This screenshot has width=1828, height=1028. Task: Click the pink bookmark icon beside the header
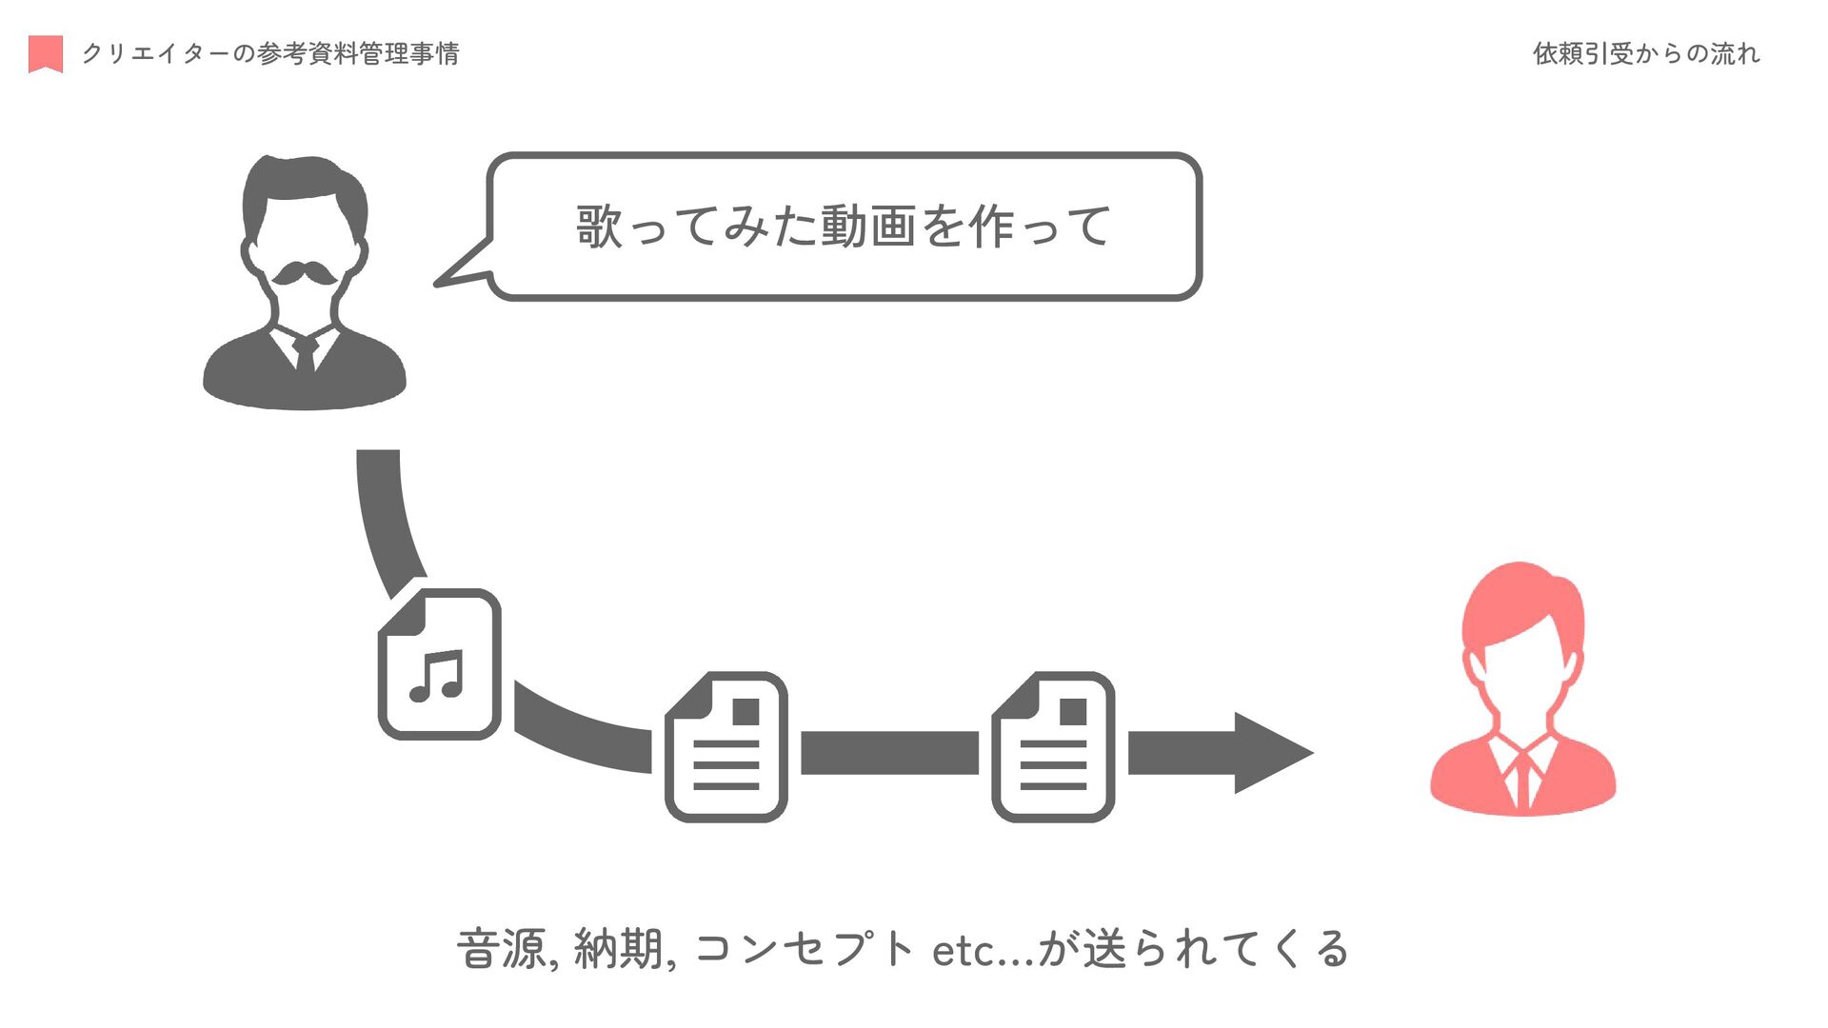tap(46, 53)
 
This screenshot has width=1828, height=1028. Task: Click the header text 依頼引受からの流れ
tap(1645, 53)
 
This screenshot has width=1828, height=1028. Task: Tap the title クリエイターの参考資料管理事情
tap(270, 53)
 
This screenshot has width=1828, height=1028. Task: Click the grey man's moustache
tap(305, 274)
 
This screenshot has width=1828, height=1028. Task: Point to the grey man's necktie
tap(306, 353)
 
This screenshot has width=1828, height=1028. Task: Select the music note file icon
tap(440, 664)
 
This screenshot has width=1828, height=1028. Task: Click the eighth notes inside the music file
tap(437, 676)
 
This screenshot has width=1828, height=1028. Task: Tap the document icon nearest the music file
tap(726, 747)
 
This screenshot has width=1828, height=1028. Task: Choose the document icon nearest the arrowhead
tap(1053, 747)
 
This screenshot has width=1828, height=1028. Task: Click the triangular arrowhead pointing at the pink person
tap(1271, 752)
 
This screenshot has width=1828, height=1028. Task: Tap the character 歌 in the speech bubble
tap(600, 227)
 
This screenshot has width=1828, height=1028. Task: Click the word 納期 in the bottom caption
tap(620, 949)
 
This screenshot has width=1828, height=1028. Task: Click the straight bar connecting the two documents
tap(889, 753)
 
